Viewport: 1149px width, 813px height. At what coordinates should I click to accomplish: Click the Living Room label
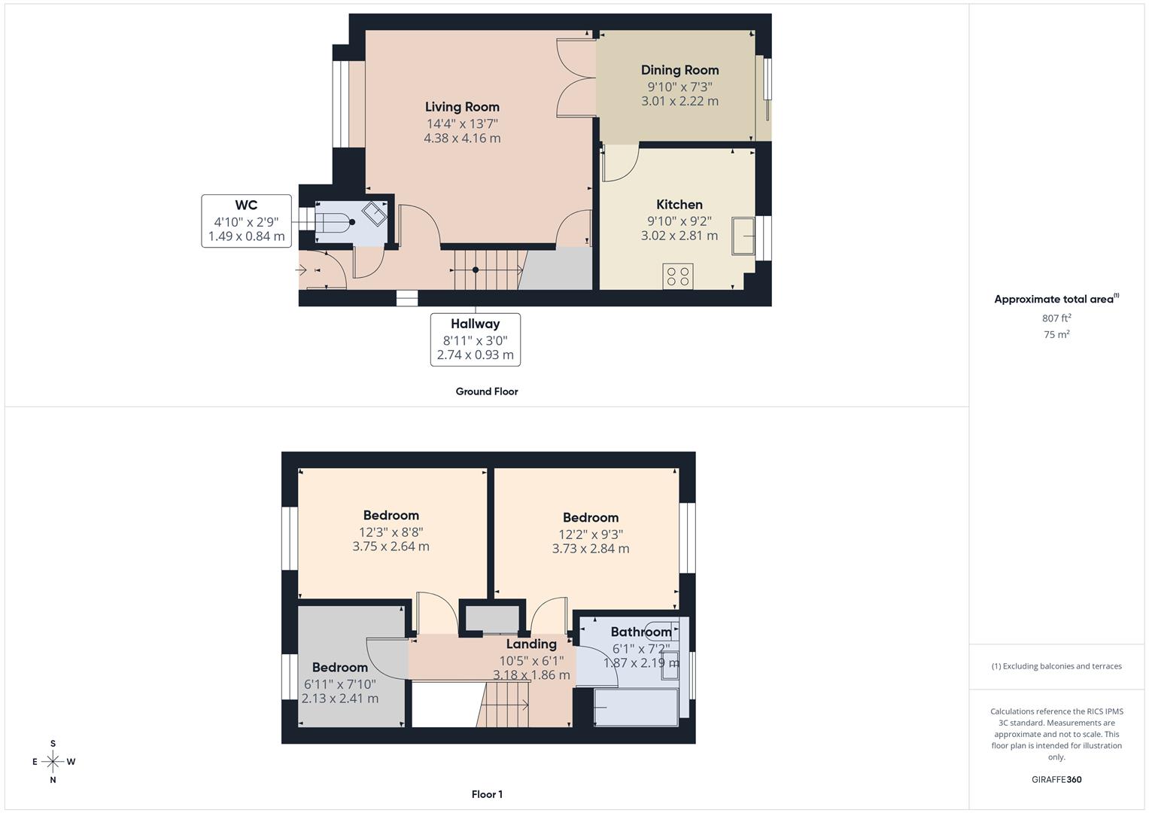[462, 107]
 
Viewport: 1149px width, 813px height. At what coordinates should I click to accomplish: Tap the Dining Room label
[679, 70]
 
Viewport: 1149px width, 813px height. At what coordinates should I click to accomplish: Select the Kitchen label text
[679, 205]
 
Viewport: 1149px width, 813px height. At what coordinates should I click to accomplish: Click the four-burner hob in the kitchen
[677, 276]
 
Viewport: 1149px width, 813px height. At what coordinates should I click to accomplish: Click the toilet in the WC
[334, 223]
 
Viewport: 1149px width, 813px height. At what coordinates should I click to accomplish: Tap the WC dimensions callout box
[246, 221]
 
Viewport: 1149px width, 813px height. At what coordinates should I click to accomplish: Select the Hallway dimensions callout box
[475, 340]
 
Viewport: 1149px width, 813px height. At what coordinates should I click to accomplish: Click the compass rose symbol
[53, 762]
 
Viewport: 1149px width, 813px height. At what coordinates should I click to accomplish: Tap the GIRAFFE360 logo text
[1056, 780]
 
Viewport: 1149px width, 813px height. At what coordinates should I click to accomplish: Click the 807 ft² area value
[1056, 318]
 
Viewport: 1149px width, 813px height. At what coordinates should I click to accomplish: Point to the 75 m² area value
[1056, 335]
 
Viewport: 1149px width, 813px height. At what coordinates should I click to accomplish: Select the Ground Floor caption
[487, 391]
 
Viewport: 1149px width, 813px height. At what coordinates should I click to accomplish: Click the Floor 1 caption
[487, 794]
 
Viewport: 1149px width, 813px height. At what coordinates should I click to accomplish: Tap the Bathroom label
[640, 632]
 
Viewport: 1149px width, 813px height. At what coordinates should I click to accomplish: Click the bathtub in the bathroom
[636, 708]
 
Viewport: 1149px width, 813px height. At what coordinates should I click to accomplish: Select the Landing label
[531, 644]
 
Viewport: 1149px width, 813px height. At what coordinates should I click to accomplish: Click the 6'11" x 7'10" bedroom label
[340, 684]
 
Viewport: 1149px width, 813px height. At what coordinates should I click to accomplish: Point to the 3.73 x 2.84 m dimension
[591, 549]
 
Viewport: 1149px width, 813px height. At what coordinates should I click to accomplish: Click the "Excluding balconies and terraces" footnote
[1056, 666]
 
